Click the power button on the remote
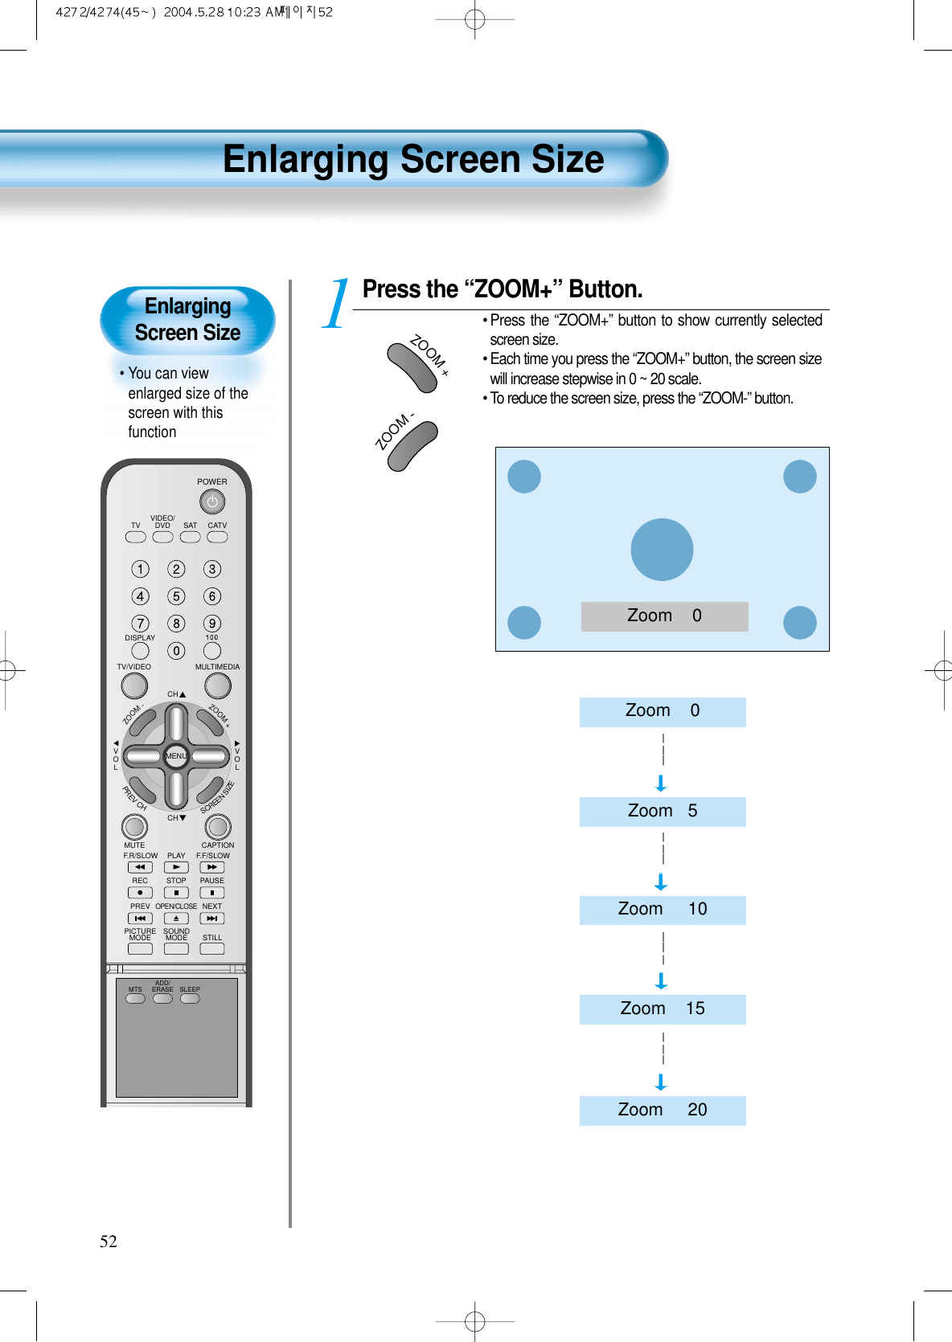click(x=212, y=502)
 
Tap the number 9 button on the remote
click(x=212, y=624)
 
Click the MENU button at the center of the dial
click(x=176, y=756)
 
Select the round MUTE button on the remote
click(x=134, y=826)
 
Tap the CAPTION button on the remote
click(x=218, y=826)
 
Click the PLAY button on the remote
click(x=176, y=868)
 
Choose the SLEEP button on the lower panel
click(x=190, y=999)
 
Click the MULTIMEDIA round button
click(x=217, y=685)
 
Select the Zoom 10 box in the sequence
click(x=663, y=910)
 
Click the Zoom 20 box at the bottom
click(x=663, y=1111)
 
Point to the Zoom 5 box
click(x=663, y=812)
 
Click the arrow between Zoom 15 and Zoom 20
click(x=661, y=1082)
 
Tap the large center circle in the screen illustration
click(x=662, y=550)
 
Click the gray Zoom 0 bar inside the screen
click(x=664, y=616)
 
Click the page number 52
click(x=109, y=1242)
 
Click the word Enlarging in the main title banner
click(x=306, y=159)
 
